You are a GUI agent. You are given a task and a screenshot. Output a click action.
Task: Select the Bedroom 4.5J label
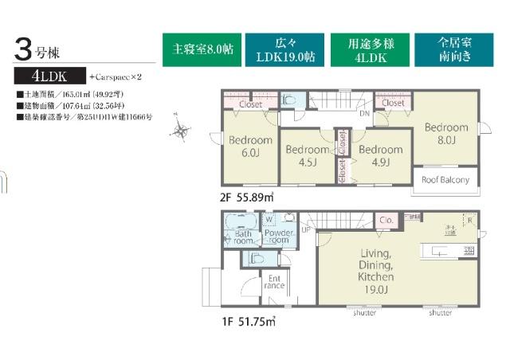306,155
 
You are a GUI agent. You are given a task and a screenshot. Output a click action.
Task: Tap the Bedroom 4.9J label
379,155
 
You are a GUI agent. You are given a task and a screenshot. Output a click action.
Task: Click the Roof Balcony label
445,180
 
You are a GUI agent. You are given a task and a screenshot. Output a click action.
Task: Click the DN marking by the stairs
363,114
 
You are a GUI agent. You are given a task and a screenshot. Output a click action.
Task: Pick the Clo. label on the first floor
385,221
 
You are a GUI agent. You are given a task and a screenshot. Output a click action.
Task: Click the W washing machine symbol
269,218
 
